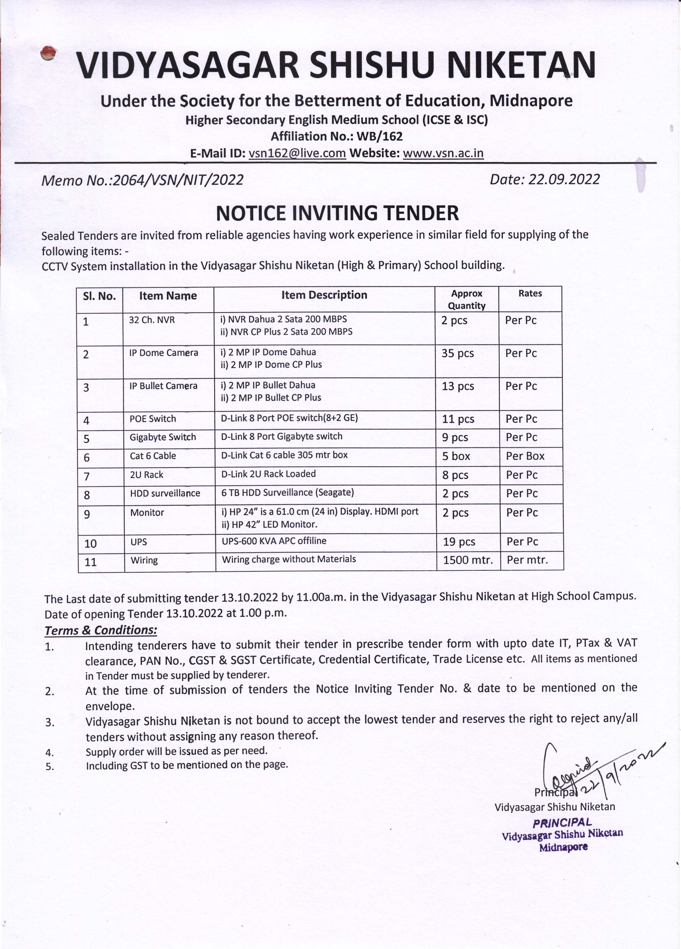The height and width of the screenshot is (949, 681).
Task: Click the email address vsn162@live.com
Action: click(x=297, y=153)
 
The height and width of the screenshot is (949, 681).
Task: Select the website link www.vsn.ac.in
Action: click(x=443, y=153)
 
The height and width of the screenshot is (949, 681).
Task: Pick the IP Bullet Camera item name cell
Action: click(x=163, y=386)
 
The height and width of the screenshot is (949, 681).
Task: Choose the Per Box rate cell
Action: click(x=525, y=456)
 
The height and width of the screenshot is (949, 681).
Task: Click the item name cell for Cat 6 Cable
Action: click(x=153, y=456)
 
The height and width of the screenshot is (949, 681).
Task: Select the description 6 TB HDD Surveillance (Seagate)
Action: click(x=287, y=492)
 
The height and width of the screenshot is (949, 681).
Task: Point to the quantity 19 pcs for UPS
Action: click(x=459, y=542)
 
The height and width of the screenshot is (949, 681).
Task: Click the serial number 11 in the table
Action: click(x=91, y=562)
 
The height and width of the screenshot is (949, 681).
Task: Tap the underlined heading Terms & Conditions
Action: click(x=101, y=630)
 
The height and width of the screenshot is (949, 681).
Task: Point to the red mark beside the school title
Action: click(x=48, y=53)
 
